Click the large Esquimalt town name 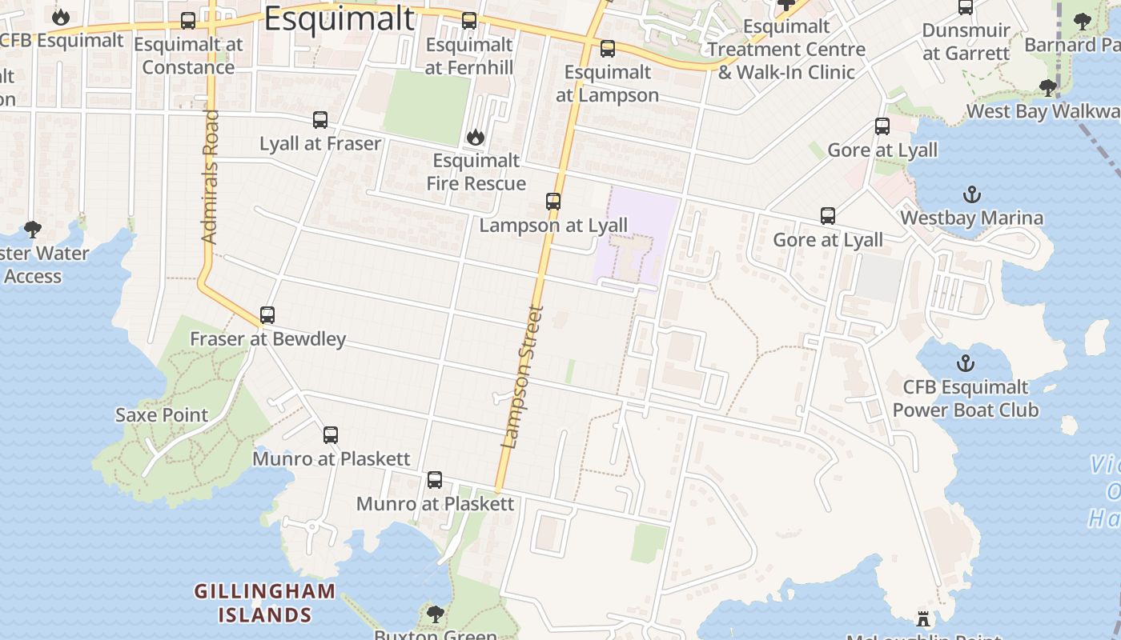tap(340, 19)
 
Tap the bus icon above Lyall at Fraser tap(320, 120)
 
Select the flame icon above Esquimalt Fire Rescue tap(476, 137)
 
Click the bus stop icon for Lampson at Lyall tap(553, 202)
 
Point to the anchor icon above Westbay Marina tap(971, 194)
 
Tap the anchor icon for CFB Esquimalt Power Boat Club tap(965, 363)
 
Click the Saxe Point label tap(162, 415)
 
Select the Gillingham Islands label tap(264, 603)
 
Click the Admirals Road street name tap(210, 176)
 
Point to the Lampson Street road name tap(522, 376)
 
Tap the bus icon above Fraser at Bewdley tap(267, 315)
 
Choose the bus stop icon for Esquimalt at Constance tap(188, 21)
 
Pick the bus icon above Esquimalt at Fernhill tap(469, 21)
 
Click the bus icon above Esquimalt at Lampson tap(608, 49)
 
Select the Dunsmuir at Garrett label tap(966, 42)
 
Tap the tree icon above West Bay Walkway tap(1047, 87)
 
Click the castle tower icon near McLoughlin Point tap(923, 618)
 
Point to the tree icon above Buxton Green tap(435, 614)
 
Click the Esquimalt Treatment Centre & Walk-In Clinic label tap(786, 50)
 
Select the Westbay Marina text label tap(971, 218)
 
